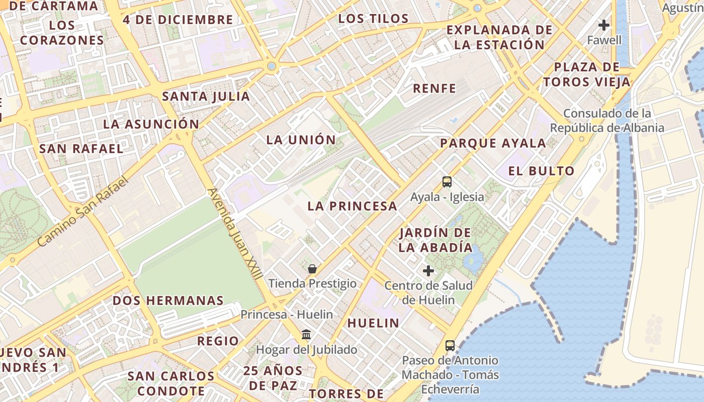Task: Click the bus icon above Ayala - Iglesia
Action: [x=447, y=182]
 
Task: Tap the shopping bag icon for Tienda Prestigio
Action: [x=312, y=269]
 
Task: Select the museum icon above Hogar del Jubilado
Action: [x=306, y=334]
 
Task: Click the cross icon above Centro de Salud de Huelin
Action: [x=428, y=271]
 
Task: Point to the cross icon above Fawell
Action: [x=604, y=25]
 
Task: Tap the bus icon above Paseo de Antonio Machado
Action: [x=450, y=346]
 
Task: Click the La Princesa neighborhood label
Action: [x=352, y=206]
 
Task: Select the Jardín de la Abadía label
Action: [x=435, y=240]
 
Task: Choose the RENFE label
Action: [x=434, y=89]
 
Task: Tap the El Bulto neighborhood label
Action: [x=541, y=171]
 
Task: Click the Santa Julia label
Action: [x=206, y=96]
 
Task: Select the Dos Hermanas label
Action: [x=168, y=300]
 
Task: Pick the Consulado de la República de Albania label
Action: [x=607, y=121]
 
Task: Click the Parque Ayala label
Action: [x=493, y=143]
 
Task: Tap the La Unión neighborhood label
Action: [x=301, y=140]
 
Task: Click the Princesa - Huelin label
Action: [x=287, y=315]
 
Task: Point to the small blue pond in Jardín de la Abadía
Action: [x=473, y=260]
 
